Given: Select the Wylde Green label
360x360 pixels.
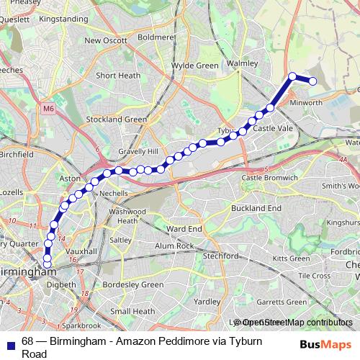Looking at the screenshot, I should tap(194, 66).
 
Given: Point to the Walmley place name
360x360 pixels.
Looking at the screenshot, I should tap(242, 63).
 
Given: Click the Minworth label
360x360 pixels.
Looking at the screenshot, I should tap(305, 103).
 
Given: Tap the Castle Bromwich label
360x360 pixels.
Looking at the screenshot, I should tap(269, 177).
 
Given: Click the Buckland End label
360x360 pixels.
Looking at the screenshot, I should tap(256, 207).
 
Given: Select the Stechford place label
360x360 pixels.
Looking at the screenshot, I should tap(221, 256).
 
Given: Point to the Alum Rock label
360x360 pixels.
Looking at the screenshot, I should tap(175, 246).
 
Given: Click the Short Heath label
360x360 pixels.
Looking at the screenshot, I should tap(117, 75).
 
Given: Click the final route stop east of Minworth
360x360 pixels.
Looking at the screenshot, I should tap(313, 81).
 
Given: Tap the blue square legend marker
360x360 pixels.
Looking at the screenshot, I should tap(10, 341).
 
